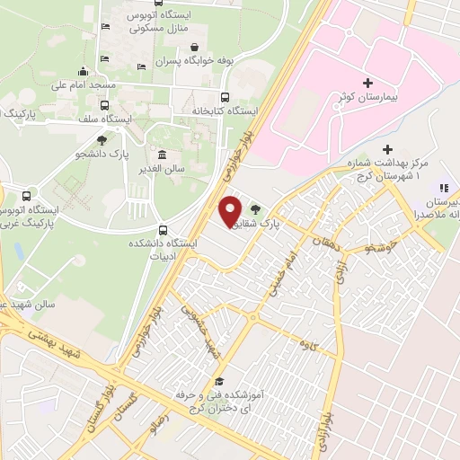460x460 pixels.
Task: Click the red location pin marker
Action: pos(230,211)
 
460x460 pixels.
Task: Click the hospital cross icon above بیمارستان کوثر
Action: pos(368,83)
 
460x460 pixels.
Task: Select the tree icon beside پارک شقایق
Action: pos(266,208)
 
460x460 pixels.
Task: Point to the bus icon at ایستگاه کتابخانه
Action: pos(225,97)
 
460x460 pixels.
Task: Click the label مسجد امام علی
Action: pos(84,86)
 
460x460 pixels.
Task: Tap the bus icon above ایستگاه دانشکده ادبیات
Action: pos(163,229)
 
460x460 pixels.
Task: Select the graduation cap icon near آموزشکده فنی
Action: pos(217,383)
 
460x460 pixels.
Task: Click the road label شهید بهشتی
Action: pos(56,341)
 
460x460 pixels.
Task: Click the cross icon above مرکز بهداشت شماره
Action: pos(387,149)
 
